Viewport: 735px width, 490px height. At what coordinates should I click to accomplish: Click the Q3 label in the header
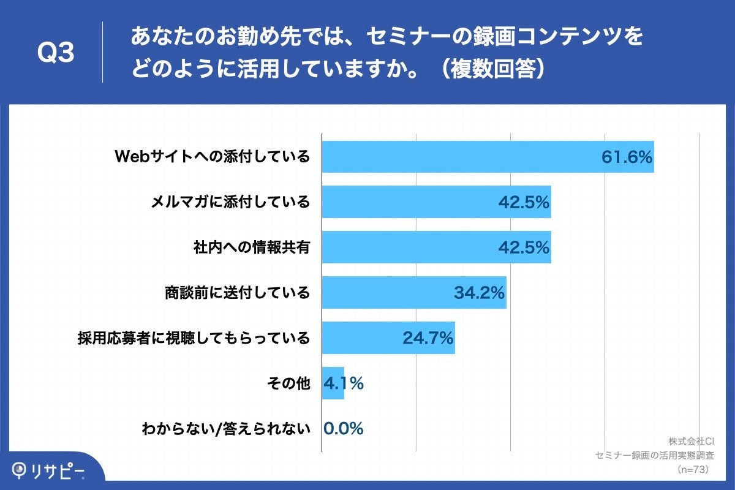coord(56,53)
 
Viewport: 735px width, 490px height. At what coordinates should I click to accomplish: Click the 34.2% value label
coord(479,293)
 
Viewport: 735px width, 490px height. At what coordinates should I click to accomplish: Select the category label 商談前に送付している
coord(237,292)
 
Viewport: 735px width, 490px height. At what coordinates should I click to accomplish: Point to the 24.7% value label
coord(428,337)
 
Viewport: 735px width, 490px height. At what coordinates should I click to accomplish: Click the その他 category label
coord(288,383)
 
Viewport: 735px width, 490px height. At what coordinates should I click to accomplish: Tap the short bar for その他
coord(333,383)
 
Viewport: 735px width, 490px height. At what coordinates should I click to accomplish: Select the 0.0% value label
coord(343,429)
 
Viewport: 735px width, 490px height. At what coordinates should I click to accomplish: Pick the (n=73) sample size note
coord(693,469)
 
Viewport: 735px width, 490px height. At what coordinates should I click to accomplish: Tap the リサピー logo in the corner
coord(50,470)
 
